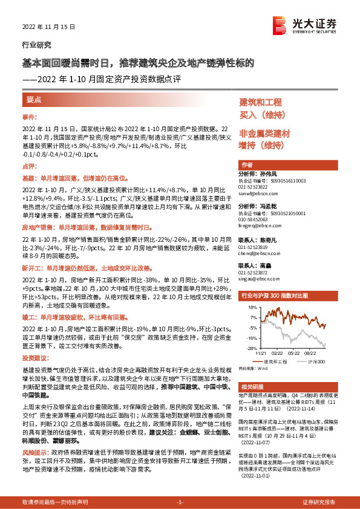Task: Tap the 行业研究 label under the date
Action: click(x=36, y=45)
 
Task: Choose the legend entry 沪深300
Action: click(x=316, y=361)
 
